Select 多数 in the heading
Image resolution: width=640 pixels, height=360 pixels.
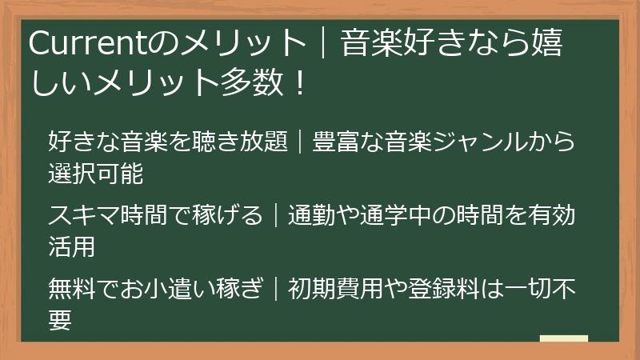[x=248, y=82]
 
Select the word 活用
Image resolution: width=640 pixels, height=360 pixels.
[x=72, y=246]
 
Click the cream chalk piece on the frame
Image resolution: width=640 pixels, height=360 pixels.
[x=563, y=339]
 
